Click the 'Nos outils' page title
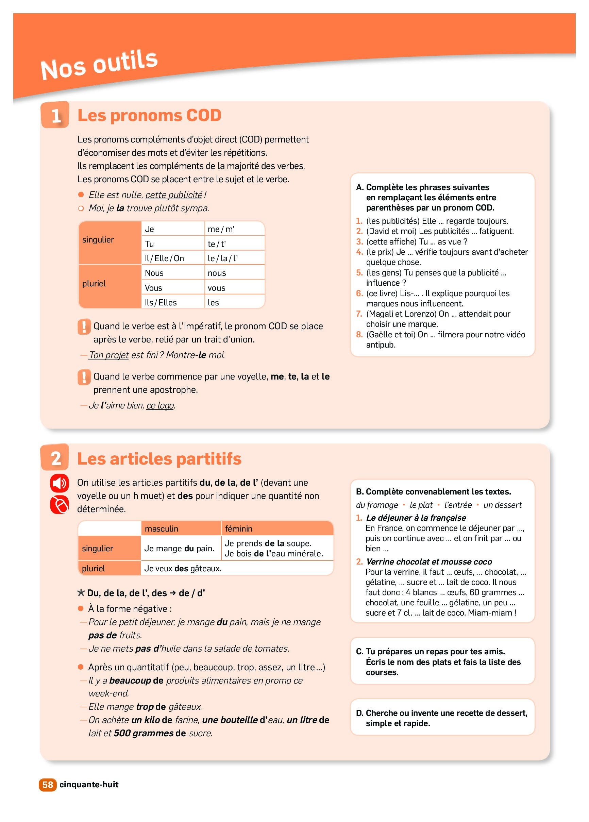tap(99, 65)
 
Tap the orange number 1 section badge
tap(55, 115)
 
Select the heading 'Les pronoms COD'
tap(149, 116)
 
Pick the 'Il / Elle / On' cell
tap(165, 258)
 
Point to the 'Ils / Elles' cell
tap(161, 303)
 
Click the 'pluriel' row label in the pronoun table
tap(94, 283)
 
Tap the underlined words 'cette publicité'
tap(174, 195)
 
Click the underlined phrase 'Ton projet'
tap(109, 355)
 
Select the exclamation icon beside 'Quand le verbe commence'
tap(84, 377)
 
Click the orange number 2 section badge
tap(55, 458)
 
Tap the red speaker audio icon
tap(60, 483)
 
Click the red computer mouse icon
tap(60, 504)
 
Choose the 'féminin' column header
tap(239, 529)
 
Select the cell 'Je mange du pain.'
tap(179, 549)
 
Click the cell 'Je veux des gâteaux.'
tap(183, 569)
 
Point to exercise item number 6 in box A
tap(359, 293)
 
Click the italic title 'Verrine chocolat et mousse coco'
tap(429, 562)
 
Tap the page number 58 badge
tap(48, 785)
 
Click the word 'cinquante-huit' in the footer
tap(89, 785)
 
